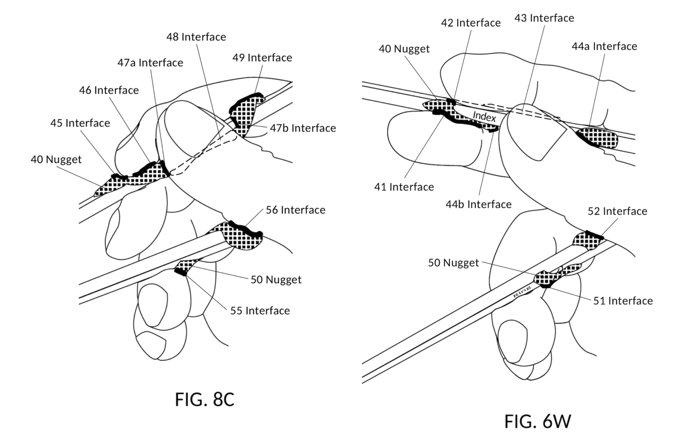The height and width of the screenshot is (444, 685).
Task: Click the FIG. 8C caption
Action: pos(204,399)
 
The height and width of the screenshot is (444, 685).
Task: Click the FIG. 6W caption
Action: pos(537,421)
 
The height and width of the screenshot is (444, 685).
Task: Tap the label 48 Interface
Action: pos(196,37)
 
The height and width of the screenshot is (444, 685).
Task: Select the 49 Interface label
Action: pos(262,58)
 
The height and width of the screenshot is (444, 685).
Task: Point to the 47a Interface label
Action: pos(150,62)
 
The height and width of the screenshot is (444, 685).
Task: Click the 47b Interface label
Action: pos(303,128)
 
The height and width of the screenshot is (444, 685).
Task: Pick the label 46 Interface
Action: pos(109,90)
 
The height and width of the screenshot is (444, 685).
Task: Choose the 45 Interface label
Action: pos(80,123)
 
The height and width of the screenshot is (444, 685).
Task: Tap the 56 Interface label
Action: pos(295,210)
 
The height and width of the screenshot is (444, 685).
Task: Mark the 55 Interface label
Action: pos(260,311)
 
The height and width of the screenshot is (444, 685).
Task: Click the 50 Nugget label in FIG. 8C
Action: pos(276,279)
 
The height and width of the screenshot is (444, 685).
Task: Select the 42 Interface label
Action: pos(470,23)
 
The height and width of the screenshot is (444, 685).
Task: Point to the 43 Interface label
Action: pos(544,18)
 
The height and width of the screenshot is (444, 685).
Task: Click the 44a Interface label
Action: pos(604,46)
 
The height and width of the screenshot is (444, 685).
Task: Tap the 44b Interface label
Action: pos(478,204)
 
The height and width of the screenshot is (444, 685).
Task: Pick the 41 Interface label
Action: pos(404,187)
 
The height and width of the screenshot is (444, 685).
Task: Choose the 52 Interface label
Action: pos(617,211)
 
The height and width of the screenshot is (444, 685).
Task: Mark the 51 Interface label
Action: pos(623,301)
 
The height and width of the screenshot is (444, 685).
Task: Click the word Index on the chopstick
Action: pos(484,116)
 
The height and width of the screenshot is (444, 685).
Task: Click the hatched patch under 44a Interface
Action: pos(598,138)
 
